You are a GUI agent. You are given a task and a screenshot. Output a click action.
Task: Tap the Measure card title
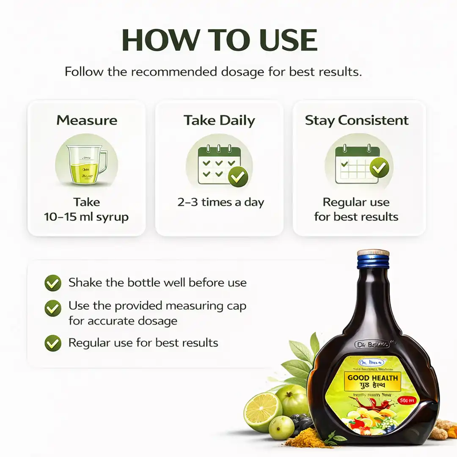coord(87,120)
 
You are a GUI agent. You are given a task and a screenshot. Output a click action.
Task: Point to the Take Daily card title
coord(219,120)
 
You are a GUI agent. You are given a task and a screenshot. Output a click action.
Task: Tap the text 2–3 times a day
coord(220,202)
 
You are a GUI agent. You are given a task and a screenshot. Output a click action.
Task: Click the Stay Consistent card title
coord(357,120)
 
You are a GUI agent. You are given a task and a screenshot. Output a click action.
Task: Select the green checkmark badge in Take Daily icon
coord(238,176)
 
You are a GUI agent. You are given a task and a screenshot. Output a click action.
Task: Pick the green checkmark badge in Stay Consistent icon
coord(379,167)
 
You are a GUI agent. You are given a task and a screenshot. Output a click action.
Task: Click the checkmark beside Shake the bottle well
coord(53,283)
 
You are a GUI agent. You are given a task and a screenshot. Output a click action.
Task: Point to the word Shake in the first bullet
coord(84,282)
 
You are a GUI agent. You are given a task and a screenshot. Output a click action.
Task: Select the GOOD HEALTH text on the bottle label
coord(373,378)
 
